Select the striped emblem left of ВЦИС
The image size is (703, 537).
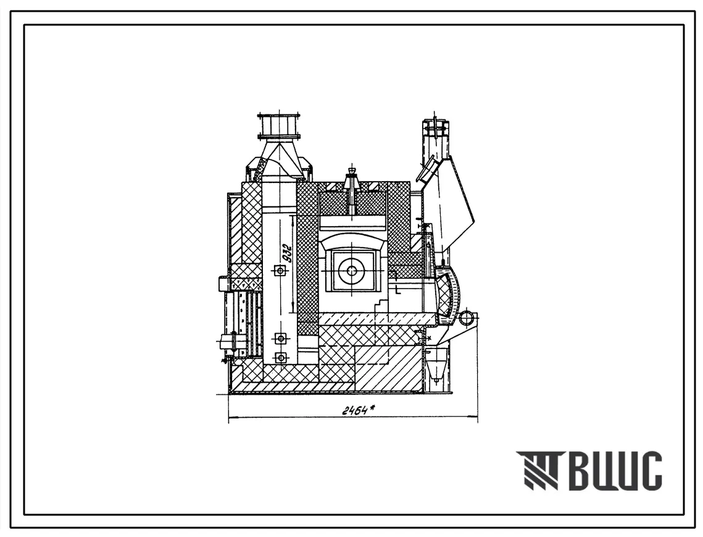[x=537, y=471]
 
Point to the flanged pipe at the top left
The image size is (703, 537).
[x=278, y=126]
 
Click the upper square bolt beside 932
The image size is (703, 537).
[x=280, y=270]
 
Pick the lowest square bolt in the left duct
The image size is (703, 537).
[x=281, y=357]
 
